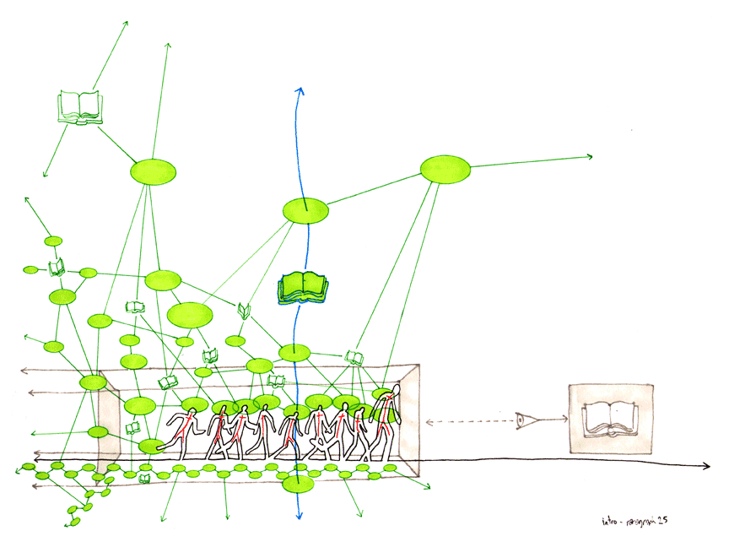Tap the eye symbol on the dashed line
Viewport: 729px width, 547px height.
pos(524,419)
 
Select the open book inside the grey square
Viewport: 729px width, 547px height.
pos(611,420)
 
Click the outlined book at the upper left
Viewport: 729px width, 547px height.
pos(78,107)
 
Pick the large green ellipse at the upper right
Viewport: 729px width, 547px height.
pos(445,169)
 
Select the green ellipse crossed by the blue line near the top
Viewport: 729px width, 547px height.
pos(305,209)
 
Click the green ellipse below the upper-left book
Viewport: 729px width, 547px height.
pos(154,172)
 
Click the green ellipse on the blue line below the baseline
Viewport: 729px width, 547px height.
pos(297,485)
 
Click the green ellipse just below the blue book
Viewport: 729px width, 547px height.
pos(294,352)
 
